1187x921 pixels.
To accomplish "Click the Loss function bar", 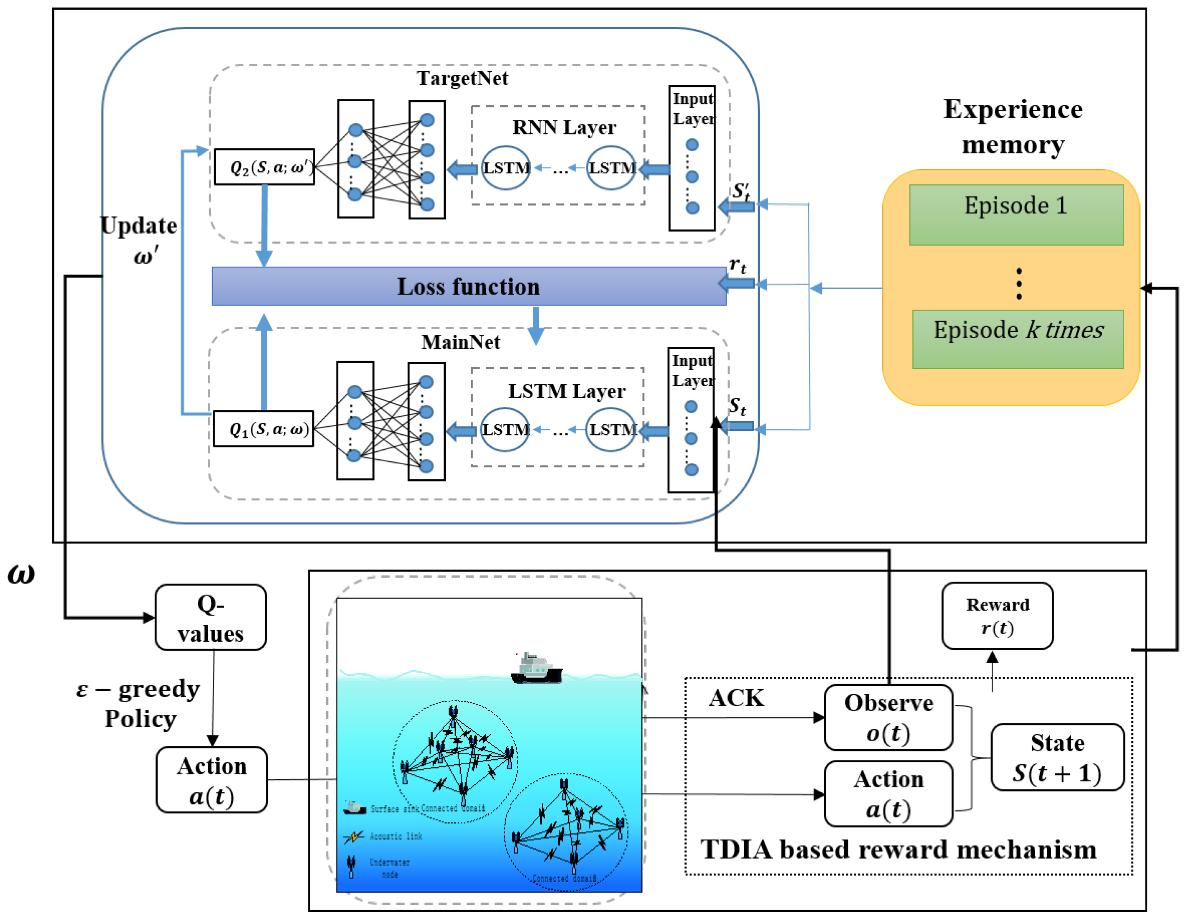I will coord(469,286).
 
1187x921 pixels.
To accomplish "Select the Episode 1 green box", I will coord(1016,214).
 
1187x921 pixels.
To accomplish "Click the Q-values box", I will coord(210,618).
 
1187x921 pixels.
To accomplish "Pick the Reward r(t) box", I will coord(997,616).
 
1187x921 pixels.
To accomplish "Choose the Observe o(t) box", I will coord(888,717).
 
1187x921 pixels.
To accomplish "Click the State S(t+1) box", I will coord(1057,757).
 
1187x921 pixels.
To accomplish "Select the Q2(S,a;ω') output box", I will coord(264,167).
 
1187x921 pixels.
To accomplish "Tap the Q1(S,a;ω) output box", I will coord(263,429).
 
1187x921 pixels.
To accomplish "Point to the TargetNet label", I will coord(462,78).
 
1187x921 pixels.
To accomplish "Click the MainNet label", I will coord(460,342).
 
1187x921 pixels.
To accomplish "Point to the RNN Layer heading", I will coord(564,127).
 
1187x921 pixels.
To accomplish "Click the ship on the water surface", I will coord(536,669).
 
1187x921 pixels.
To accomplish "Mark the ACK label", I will coord(736,698).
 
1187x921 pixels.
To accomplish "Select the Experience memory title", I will coord(1013,127).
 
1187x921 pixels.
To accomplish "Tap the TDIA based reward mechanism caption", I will coord(898,849).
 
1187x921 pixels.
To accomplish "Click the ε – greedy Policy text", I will coord(138,704).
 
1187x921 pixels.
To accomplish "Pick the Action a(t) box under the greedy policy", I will coord(212,780).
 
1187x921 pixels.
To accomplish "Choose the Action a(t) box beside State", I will coord(888,794).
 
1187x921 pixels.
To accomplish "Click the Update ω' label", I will coord(139,239).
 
